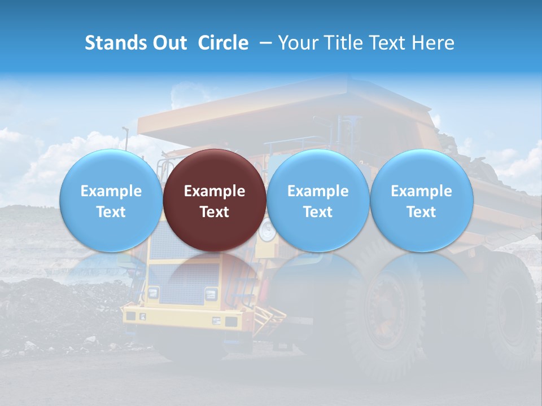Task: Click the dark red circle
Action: coord(215,200)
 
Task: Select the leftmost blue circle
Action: coord(111,200)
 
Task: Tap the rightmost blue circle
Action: coord(421,200)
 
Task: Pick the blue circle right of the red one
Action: coord(318,200)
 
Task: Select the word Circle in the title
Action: coord(223,43)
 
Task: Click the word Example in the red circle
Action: coord(215,191)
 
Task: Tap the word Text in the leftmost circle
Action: coord(111,212)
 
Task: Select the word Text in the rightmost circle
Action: coord(421,212)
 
